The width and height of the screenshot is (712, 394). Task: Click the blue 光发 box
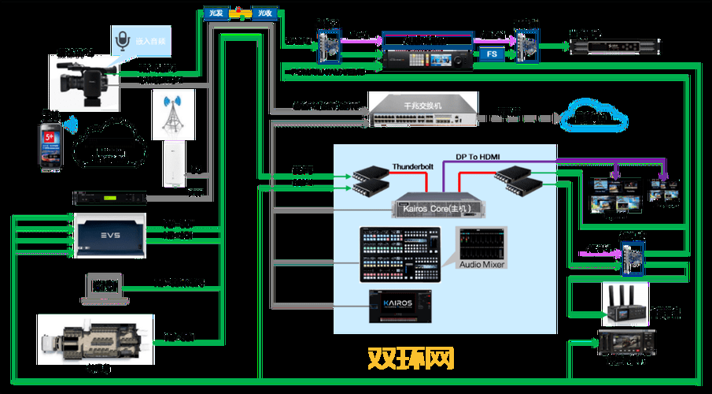pos(215,13)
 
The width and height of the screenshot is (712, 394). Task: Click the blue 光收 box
pos(263,13)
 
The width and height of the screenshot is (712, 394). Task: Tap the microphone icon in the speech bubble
pos(122,39)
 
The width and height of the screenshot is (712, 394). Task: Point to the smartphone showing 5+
pos(51,147)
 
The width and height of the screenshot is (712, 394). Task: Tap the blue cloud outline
pos(594,116)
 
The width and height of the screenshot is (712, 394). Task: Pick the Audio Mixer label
pos(481,265)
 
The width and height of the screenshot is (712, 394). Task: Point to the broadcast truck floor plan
pos(94,340)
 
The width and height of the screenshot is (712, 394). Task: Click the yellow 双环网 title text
pos(411,359)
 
